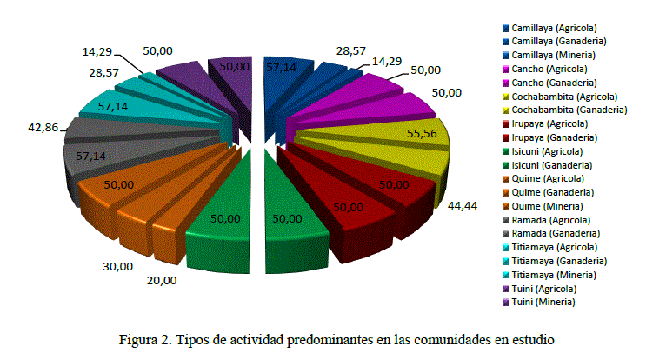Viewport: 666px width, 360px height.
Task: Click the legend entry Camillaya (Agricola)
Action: (554, 29)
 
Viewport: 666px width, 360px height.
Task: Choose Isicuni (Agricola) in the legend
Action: (551, 151)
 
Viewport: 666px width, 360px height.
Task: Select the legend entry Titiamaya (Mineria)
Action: (556, 274)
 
